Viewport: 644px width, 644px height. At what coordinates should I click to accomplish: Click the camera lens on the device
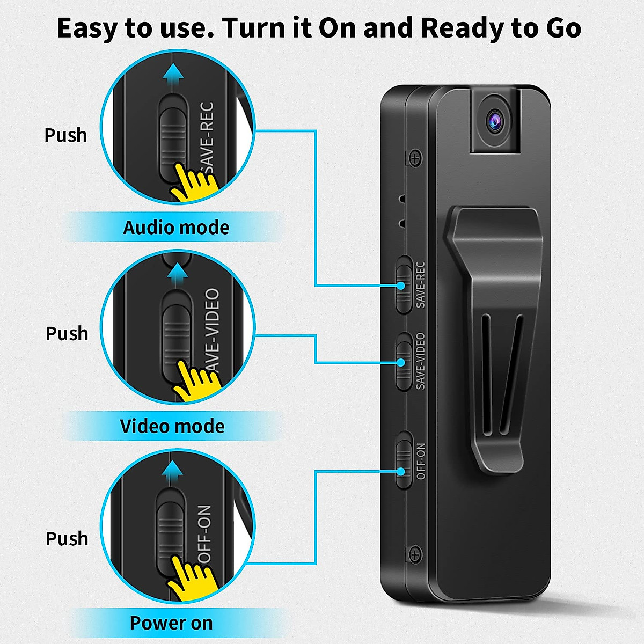click(x=495, y=122)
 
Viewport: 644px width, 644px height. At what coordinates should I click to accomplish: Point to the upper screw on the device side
click(x=415, y=158)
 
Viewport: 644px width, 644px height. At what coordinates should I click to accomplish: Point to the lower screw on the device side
click(x=415, y=554)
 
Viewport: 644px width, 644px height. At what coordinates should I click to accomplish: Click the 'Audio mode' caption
click(x=176, y=228)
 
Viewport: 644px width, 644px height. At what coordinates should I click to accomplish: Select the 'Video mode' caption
click(x=172, y=426)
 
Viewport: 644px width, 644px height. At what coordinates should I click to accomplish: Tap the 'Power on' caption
click(x=171, y=623)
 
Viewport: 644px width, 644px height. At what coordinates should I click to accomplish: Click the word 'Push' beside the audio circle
click(x=65, y=135)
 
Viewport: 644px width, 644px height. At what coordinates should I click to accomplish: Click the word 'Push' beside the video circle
click(x=67, y=333)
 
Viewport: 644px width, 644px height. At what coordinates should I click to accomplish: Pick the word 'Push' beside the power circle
click(x=67, y=538)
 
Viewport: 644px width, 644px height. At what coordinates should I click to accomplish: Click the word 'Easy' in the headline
click(x=88, y=28)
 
